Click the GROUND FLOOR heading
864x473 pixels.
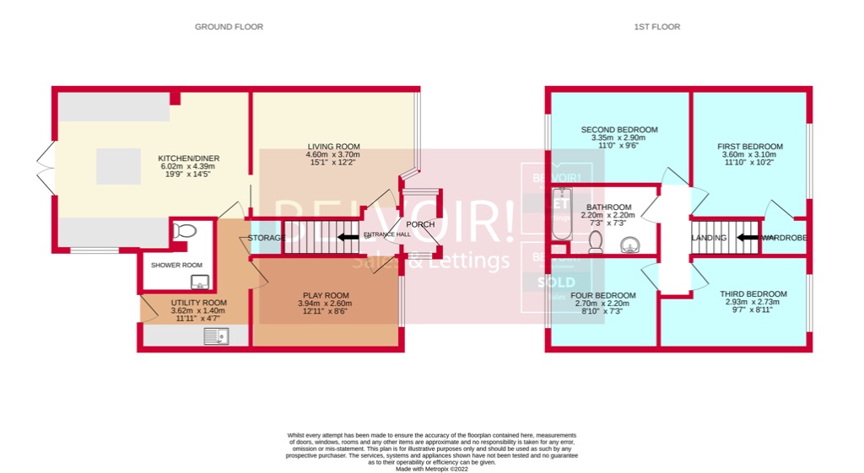coord(229,27)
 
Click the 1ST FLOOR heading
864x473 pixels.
coord(656,27)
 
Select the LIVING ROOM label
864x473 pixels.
coord(332,146)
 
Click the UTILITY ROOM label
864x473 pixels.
coord(198,303)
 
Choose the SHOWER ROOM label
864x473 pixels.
coord(176,265)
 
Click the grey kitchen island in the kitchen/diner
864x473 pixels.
coord(118,166)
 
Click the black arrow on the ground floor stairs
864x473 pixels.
coord(346,238)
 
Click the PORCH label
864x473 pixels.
coord(420,224)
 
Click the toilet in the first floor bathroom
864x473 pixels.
coord(595,243)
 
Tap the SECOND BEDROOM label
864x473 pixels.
coord(618,130)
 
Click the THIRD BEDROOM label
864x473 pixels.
coord(753,293)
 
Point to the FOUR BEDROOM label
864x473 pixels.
coord(602,295)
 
